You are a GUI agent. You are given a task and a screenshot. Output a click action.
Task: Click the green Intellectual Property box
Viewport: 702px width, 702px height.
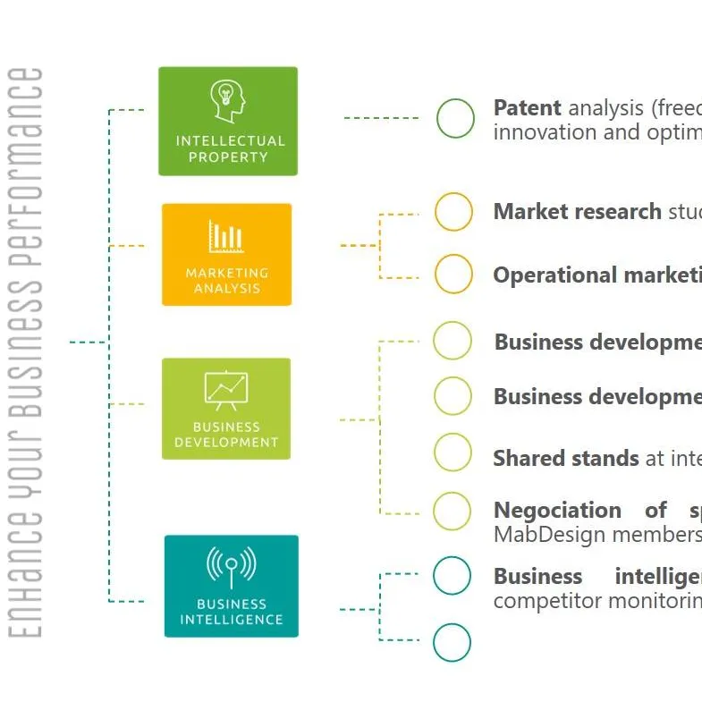(227, 122)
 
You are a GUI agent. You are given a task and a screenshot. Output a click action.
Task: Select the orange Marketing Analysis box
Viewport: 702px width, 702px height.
(226, 254)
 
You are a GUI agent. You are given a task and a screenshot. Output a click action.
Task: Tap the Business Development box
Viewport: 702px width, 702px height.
(226, 409)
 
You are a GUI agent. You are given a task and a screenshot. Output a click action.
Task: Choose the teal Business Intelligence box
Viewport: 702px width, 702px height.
(231, 586)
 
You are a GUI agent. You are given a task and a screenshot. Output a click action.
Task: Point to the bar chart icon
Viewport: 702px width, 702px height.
(226, 236)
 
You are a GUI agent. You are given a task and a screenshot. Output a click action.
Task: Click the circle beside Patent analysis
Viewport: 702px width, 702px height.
(455, 119)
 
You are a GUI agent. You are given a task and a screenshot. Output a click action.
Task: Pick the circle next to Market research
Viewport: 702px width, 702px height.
(453, 212)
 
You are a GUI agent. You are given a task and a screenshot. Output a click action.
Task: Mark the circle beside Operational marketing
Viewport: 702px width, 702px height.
(453, 274)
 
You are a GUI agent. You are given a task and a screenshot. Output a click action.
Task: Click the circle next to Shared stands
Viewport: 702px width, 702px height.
(452, 452)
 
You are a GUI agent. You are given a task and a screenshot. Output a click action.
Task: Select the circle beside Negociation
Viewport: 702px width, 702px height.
(452, 511)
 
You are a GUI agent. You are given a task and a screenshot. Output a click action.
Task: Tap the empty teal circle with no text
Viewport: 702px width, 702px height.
(452, 642)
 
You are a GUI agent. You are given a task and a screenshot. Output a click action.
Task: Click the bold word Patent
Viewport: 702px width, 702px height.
(527, 108)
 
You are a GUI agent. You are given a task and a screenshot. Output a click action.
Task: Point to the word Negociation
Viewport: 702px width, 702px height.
(557, 511)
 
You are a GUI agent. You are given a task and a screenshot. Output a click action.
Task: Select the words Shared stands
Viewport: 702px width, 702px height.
(566, 459)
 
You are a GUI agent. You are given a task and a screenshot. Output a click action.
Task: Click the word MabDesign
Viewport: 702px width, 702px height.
(537, 535)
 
